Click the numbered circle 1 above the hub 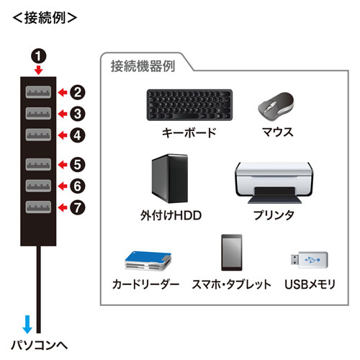tap(37, 55)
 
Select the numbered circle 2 tap(78, 92)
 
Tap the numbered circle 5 tap(78, 164)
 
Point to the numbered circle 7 tap(78, 207)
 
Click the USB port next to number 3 tap(37, 113)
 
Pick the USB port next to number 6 tap(37, 186)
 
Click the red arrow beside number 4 tap(62, 135)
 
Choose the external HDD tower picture tap(170, 180)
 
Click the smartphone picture tap(231, 253)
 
